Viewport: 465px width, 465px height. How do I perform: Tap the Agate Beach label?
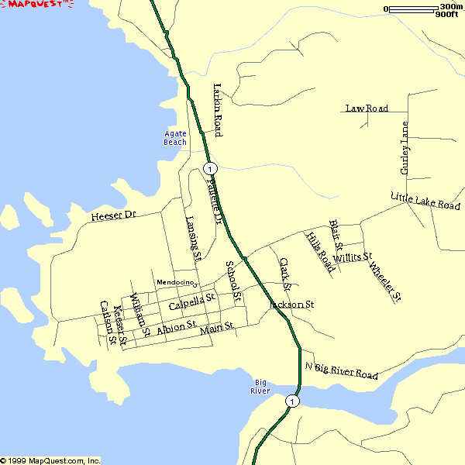175,138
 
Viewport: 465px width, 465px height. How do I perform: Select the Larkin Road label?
218,109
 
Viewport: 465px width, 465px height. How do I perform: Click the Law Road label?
367,108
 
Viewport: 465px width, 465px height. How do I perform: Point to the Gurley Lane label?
404,147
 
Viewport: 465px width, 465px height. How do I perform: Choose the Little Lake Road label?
425,201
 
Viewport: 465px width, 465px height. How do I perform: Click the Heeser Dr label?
113,215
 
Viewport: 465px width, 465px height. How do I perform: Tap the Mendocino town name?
174,282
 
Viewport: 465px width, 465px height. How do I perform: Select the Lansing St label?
194,237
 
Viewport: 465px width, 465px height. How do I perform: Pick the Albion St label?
177,329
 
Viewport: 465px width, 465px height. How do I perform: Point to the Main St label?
216,329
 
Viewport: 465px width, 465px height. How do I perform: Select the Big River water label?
260,387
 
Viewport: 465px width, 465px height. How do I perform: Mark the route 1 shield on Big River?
291,401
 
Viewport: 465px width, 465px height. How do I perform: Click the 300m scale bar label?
450,7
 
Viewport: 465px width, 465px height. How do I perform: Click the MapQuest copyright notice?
50,460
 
